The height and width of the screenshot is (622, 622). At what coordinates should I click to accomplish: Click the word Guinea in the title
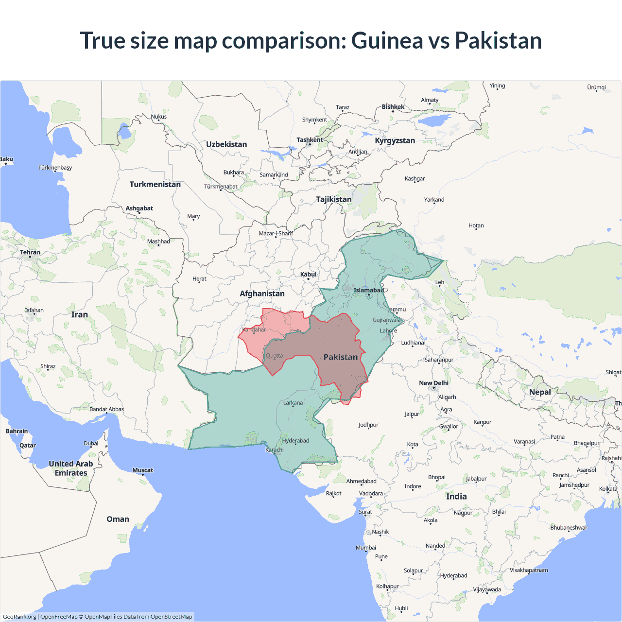pos(387,40)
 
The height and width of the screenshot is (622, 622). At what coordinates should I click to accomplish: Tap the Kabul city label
pos(308,275)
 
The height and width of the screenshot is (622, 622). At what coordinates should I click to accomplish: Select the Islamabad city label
pos(368,290)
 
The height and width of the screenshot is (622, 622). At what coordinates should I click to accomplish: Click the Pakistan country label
pos(340,357)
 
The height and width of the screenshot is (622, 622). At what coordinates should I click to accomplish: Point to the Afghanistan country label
pos(262,294)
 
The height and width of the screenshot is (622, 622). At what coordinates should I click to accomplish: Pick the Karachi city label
pos(275,449)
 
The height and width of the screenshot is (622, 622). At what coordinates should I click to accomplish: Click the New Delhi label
pos(433,383)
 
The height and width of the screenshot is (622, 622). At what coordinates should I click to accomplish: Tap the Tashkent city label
pos(310,140)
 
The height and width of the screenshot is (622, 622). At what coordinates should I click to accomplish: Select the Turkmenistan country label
pos(155,184)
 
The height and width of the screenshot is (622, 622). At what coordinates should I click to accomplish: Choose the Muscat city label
pos(142,470)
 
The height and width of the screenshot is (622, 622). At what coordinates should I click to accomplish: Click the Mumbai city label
pos(366,548)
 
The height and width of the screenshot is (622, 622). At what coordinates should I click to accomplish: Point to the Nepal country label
pos(540,392)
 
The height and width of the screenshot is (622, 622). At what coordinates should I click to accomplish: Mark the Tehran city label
pos(30,252)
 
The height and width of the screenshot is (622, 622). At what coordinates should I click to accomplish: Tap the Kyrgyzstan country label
pos(395,140)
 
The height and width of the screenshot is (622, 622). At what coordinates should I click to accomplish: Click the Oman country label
pos(118,519)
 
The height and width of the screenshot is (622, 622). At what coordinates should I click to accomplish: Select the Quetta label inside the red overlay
pos(274,356)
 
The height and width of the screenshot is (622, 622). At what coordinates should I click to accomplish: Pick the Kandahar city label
pos(254,329)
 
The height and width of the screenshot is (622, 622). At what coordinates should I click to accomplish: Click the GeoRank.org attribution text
pos(19,617)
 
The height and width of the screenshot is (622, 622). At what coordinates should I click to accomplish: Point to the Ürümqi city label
pos(596,87)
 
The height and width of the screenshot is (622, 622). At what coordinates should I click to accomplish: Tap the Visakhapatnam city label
pos(529,570)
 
